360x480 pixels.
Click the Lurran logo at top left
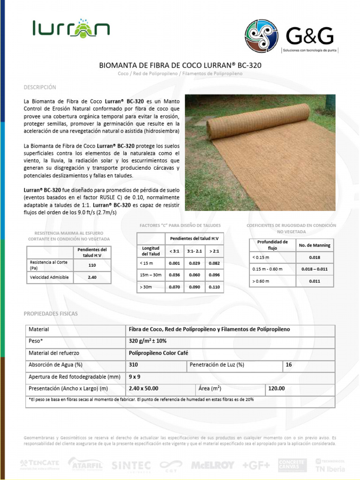(71, 30)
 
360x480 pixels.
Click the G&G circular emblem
(262, 36)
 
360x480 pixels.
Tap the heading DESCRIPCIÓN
(40, 88)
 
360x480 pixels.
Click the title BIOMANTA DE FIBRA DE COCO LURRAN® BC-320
(180, 66)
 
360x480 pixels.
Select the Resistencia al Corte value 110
(92, 265)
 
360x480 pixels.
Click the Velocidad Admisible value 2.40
(92, 277)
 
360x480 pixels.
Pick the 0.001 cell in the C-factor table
(174, 263)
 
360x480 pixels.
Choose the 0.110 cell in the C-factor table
(214, 286)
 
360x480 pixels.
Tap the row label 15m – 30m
(150, 275)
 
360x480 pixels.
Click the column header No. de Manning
(315, 245)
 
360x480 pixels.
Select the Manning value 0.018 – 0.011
(315, 269)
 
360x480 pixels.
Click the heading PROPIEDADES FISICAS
(51, 313)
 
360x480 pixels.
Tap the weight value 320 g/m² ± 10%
(148, 341)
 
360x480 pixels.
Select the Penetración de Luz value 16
(288, 365)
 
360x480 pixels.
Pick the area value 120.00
(276, 388)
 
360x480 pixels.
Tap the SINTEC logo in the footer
(131, 465)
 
